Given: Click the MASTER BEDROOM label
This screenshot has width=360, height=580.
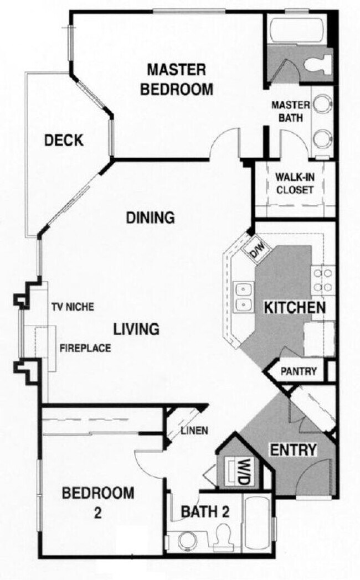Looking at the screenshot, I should point(176,79).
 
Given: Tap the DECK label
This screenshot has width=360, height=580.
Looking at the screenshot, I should point(64,141).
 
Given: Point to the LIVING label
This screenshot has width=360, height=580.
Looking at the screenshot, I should point(136,329).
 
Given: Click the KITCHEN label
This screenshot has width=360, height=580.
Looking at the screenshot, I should point(293,308).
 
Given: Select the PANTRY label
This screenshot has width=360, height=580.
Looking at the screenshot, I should point(299,371).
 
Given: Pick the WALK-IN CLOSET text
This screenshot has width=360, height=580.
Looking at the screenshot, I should point(294,184).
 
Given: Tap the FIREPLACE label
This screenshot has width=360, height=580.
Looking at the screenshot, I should point(85,348).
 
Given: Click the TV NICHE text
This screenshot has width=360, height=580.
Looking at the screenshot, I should point(72,306).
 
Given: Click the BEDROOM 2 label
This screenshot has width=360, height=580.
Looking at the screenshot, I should point(97,501).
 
